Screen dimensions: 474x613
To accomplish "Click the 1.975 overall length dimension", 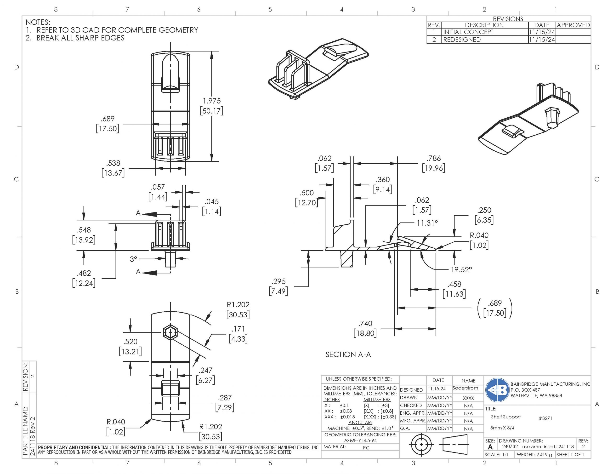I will tap(212, 106).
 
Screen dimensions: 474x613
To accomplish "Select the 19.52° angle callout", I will tap(461, 269).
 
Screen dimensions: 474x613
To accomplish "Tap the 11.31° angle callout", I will tap(427, 223).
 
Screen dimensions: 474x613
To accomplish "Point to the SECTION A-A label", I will tap(348, 355).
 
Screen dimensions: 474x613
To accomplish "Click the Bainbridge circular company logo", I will tap(497, 390).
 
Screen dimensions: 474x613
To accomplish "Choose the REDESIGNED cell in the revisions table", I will tap(462, 40).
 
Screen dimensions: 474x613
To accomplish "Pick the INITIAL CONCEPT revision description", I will tap(468, 32).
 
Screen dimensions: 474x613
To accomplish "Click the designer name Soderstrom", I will tap(465, 388).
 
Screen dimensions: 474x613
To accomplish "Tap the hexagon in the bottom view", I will tap(170, 332).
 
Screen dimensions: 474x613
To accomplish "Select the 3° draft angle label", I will tap(133, 259).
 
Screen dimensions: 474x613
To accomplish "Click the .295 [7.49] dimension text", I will tap(278, 286).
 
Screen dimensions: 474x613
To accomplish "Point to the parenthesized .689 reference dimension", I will tap(494, 308).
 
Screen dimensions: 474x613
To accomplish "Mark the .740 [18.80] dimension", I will tap(365, 329).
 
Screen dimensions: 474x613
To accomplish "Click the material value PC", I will tap(366, 448).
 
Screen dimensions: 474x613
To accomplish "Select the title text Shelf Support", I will tap(505, 417).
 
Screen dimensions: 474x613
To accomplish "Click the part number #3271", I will tap(545, 418).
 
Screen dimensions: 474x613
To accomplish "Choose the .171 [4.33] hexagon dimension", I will tap(238, 334).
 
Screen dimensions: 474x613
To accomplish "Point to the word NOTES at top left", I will tap(38, 22).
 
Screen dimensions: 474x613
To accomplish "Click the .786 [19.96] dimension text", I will tap(433, 163).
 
